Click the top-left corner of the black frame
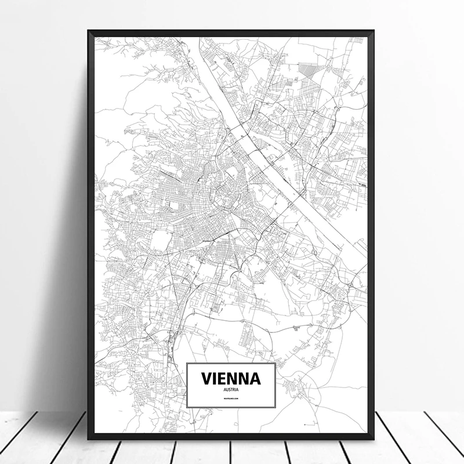(89, 30)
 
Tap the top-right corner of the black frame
(374, 30)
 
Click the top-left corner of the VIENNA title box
(187, 363)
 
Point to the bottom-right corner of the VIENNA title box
(273, 407)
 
